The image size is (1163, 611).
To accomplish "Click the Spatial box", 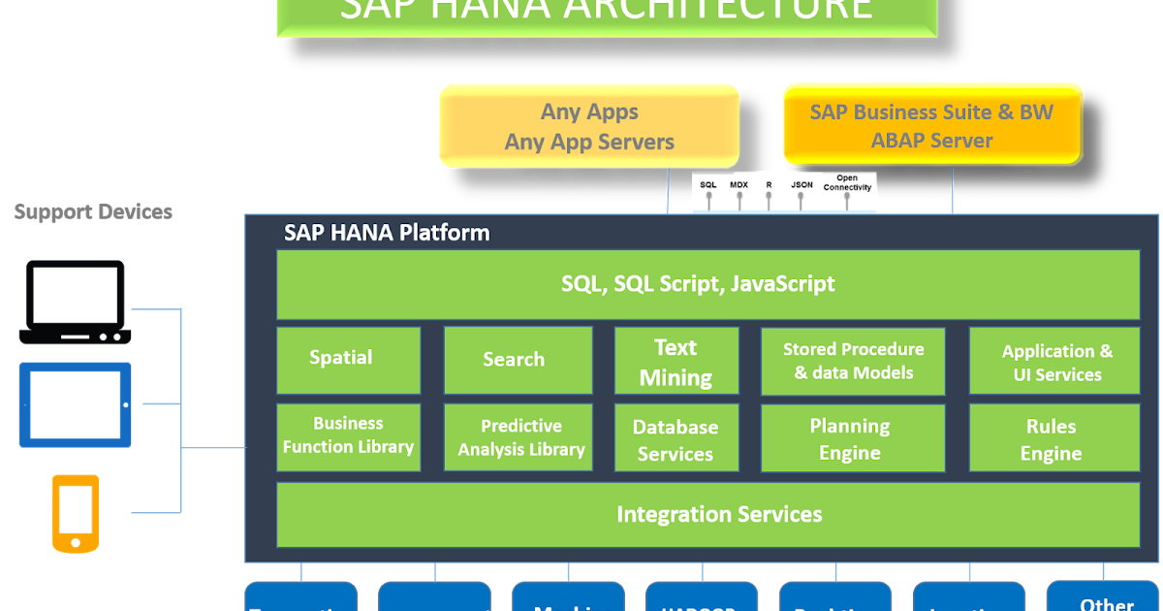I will click(349, 360).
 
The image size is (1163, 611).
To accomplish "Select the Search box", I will click(518, 360).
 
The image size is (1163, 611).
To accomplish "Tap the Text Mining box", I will click(676, 361).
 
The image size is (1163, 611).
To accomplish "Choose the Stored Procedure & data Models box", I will click(853, 361).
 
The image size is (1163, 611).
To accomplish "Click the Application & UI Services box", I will click(1054, 361).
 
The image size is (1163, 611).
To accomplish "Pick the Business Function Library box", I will click(349, 437).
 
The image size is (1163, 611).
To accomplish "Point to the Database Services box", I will click(676, 438).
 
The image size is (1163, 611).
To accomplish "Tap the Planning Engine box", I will click(853, 438).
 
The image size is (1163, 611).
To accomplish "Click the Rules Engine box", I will click(1054, 438).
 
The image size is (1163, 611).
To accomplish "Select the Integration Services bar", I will click(708, 514).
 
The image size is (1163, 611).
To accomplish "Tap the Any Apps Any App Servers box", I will click(589, 126).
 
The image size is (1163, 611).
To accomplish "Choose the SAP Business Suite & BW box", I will click(932, 125).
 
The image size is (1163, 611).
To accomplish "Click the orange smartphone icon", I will click(75, 513).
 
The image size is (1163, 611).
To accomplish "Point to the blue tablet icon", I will click(76, 404).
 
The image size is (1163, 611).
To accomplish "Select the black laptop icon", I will click(75, 302).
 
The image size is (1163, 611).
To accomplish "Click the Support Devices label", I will click(93, 211).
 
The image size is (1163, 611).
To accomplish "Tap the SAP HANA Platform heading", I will click(387, 234).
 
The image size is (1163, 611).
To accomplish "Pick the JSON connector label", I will click(802, 184).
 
